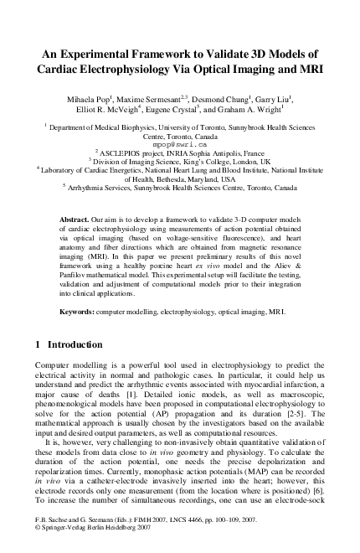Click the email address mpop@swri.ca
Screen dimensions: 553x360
point(180,144)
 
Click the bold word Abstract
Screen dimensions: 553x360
point(77,218)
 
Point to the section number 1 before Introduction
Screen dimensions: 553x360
point(39,344)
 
